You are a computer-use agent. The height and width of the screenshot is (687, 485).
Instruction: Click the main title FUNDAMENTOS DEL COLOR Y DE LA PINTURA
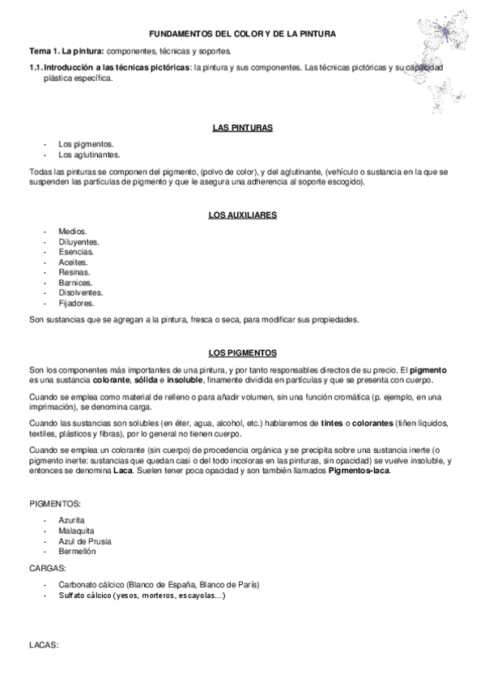[x=242, y=33]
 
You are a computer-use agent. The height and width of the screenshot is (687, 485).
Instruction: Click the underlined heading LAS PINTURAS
[x=242, y=128]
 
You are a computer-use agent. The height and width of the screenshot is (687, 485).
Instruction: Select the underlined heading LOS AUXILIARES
[x=242, y=215]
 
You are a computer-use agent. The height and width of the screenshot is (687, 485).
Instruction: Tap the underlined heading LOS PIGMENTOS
[x=242, y=352]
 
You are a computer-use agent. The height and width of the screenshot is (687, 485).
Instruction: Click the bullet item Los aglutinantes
[x=89, y=154]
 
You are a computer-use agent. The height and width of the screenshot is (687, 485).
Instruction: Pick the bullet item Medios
[x=72, y=231]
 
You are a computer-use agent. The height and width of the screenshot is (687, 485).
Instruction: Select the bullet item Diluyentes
[x=79, y=241]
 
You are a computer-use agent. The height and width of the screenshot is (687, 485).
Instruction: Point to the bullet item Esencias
[x=76, y=252]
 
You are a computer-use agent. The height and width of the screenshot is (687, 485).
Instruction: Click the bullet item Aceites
[x=74, y=262]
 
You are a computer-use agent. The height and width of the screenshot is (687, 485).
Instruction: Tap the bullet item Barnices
[x=75, y=283]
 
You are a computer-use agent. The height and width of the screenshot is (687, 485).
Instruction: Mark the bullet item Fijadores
[x=76, y=304]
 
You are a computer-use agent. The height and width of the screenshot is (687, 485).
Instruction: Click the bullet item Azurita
[x=71, y=519]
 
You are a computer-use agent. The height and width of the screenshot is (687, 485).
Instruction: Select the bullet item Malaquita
[x=75, y=530]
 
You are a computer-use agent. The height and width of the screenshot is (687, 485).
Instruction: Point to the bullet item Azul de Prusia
[x=85, y=540]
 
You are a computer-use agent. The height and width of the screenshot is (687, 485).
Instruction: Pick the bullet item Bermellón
[x=77, y=551]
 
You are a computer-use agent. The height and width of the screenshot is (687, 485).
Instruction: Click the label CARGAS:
[x=47, y=569]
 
